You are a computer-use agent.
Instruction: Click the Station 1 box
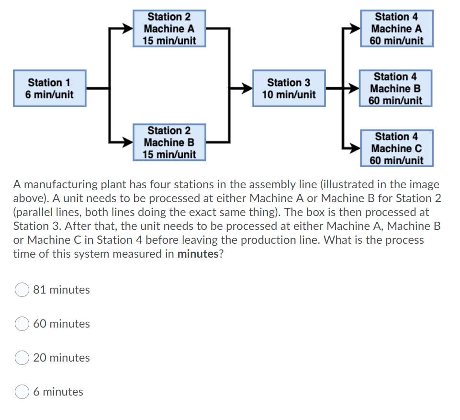click(50, 89)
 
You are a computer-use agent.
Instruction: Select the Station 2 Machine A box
click(169, 28)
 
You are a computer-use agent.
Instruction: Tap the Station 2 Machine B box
click(169, 142)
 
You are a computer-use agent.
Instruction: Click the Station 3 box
click(289, 89)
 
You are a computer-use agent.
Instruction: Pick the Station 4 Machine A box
click(396, 28)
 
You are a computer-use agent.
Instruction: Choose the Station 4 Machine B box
click(395, 89)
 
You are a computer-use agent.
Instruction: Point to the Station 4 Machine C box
click(396, 148)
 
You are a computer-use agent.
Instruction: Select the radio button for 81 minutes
click(22, 290)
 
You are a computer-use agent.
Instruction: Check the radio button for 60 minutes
click(22, 324)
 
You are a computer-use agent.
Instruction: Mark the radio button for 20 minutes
click(22, 358)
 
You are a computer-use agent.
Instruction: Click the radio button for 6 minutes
click(22, 392)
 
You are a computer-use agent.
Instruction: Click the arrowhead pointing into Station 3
click(247, 88)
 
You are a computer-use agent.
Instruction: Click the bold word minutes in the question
click(197, 254)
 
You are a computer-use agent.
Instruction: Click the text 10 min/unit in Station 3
click(289, 95)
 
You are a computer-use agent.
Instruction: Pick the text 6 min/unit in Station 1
click(50, 95)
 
